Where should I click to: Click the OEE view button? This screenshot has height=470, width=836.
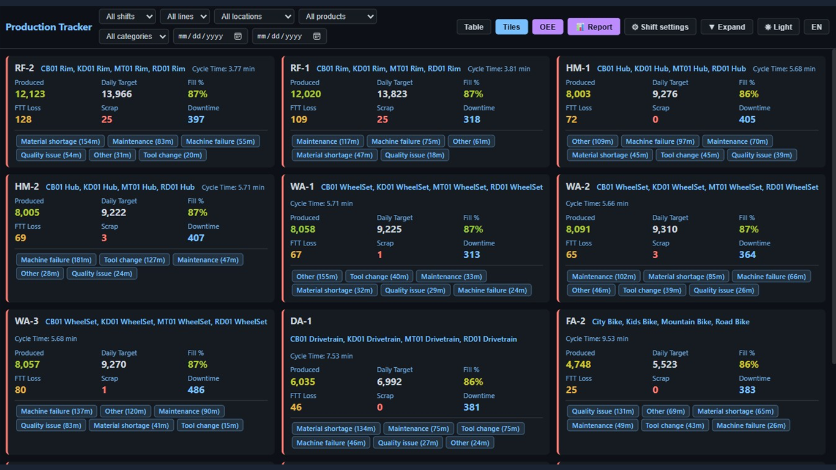coord(548,27)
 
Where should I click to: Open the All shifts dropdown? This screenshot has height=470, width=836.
coord(128,17)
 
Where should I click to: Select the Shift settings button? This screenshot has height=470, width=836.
coord(660,27)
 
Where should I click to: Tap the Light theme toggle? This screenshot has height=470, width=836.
coord(778,27)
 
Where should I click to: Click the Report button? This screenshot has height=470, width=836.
coord(594,27)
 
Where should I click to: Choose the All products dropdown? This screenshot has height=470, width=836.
coord(337,17)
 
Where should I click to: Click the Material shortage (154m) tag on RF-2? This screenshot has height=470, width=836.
coord(60,141)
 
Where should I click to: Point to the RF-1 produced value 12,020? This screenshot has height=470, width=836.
coord(305,94)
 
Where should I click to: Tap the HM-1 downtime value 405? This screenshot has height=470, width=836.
coord(747,119)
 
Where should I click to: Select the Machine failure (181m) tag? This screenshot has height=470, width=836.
coord(56,260)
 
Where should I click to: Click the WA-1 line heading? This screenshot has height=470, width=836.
coord(302,187)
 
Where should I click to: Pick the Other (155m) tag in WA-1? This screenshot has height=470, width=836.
coord(317,277)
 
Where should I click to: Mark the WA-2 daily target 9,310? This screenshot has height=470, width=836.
coord(665,229)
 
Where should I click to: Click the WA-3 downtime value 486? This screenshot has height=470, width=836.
coord(196,390)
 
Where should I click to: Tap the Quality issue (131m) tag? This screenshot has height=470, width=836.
coord(603,411)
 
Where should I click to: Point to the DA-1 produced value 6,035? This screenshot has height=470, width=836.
coord(303,382)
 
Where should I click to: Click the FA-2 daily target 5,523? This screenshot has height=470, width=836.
coord(665,364)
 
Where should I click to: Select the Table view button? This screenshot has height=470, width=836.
coord(474,27)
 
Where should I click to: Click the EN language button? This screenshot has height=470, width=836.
coord(816,27)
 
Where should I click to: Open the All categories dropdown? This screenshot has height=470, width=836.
coord(133,36)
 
